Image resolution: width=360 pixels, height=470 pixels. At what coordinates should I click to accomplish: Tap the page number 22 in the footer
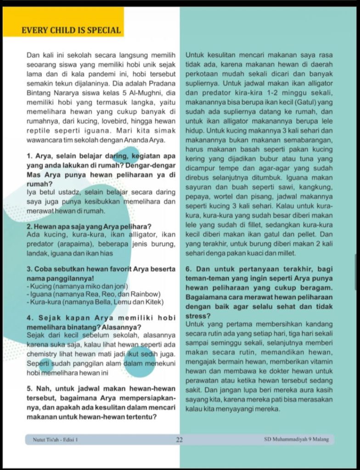(x=180, y=440)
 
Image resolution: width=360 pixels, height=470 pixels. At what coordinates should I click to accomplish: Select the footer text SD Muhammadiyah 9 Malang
(x=296, y=439)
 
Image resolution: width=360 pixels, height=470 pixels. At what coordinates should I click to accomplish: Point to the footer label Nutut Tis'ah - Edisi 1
(x=55, y=440)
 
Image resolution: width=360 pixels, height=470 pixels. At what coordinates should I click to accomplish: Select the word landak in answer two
(x=37, y=253)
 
